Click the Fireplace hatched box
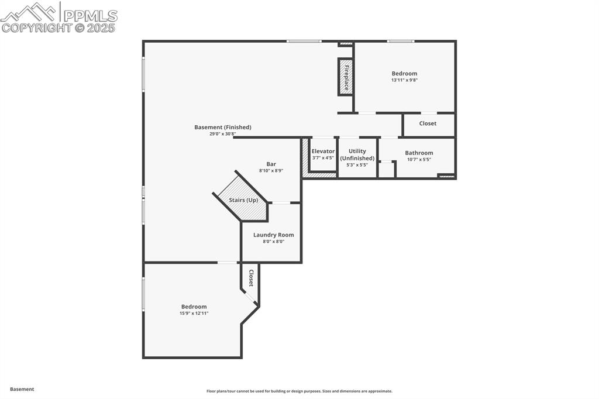346,77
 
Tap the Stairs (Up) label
243,200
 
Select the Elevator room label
323,152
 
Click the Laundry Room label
273,235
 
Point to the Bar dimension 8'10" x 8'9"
271,171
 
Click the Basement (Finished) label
222,127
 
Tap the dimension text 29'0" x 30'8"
222,134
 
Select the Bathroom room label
419,153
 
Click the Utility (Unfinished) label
357,154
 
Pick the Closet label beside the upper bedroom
428,123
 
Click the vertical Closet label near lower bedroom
251,278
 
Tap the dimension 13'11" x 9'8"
404,80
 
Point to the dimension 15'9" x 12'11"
194,313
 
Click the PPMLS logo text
90,15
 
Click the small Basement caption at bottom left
22,389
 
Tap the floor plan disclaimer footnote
299,391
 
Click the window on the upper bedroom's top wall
401,41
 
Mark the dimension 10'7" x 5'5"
419,159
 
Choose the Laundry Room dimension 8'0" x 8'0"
273,241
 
